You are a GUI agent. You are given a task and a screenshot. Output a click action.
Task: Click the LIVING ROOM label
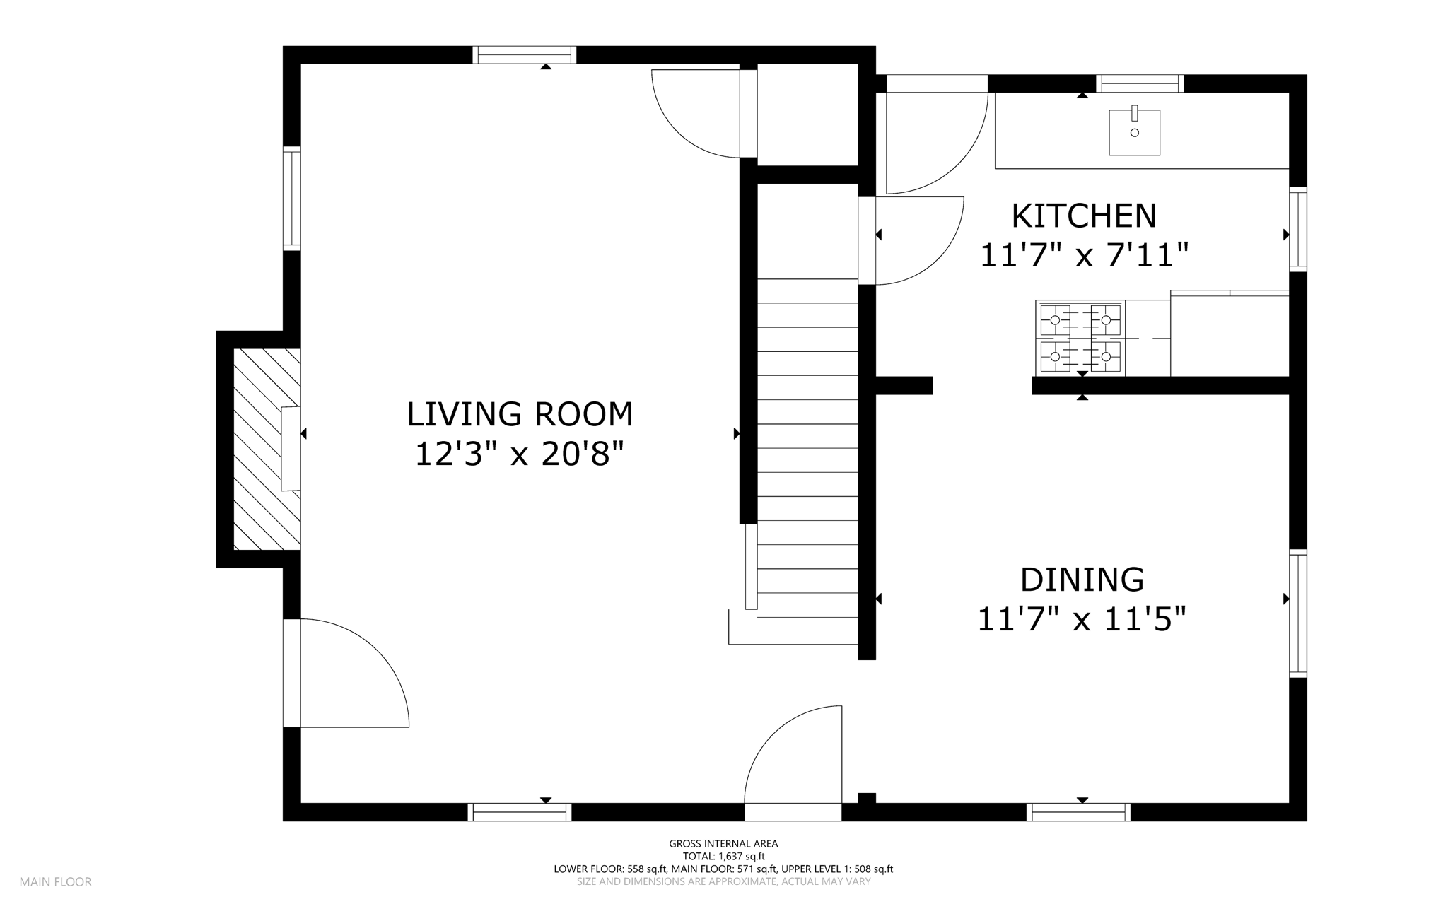pyautogui.click(x=520, y=414)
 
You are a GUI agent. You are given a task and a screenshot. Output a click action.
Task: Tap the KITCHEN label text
pyautogui.click(x=1083, y=216)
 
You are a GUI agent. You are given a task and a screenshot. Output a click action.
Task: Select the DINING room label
pyautogui.click(x=1082, y=580)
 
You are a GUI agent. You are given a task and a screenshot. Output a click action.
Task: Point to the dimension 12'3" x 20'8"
pyautogui.click(x=520, y=454)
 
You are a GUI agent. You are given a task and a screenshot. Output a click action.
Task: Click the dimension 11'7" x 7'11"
pyautogui.click(x=1084, y=255)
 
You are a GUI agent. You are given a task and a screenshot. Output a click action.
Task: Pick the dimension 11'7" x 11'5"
pyautogui.click(x=1081, y=619)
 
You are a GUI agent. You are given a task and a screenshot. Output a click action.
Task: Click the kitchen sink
pyautogui.click(x=1134, y=131)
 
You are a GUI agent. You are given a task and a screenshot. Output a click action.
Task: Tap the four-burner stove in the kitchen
pyautogui.click(x=1080, y=338)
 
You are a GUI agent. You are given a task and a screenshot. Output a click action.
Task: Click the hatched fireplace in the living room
pyautogui.click(x=267, y=449)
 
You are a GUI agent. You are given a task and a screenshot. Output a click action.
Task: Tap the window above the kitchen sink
pyautogui.click(x=1139, y=83)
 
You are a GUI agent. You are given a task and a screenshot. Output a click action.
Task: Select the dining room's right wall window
pyautogui.click(x=1297, y=614)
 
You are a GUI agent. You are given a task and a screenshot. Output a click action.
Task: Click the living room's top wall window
pyautogui.click(x=524, y=54)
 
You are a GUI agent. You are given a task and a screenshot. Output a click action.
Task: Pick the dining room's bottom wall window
pyautogui.click(x=1078, y=812)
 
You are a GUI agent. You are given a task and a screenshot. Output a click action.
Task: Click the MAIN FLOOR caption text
pyautogui.click(x=56, y=882)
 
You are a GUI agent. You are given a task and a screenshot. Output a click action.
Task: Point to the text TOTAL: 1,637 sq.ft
pyautogui.click(x=723, y=856)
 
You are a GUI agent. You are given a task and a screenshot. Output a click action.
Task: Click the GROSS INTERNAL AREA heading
pyautogui.click(x=723, y=843)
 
